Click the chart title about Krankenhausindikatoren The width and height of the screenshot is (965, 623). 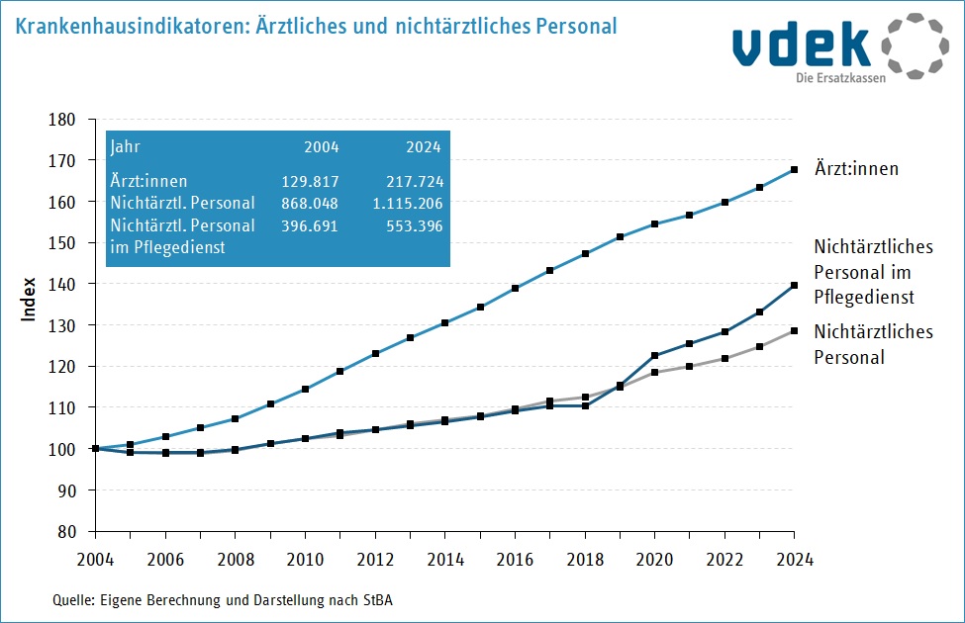316,25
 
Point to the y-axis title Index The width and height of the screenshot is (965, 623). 30,299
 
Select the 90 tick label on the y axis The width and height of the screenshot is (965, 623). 66,490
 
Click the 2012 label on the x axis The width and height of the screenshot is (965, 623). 374,559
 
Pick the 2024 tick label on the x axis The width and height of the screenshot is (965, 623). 794,559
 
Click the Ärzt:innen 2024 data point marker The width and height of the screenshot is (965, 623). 794,170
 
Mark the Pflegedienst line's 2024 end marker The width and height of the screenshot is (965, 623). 794,286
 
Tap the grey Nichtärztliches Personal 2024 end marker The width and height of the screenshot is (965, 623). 794,330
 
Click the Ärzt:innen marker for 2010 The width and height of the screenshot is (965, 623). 305,389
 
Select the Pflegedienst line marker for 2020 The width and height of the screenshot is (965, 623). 654,355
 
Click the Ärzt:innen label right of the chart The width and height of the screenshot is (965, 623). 856,169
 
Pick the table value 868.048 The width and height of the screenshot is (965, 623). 310,204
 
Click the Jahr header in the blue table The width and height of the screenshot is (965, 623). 126,147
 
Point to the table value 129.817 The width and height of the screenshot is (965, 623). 310,182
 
